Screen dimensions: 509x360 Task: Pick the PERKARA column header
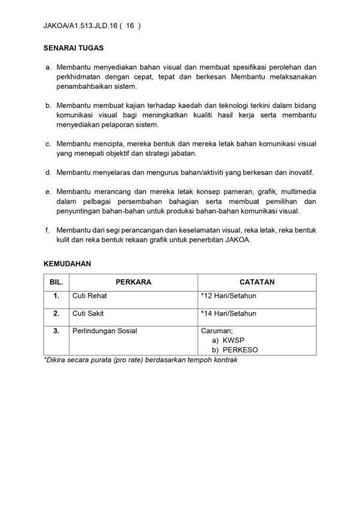(133, 280)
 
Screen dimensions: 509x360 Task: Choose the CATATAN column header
(256, 280)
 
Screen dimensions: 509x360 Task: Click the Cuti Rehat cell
(91, 297)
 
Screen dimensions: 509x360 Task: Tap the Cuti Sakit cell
(89, 313)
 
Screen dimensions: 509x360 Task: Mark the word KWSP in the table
(230, 340)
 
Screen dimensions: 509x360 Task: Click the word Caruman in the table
(217, 330)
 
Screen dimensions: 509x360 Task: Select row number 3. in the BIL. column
(56, 330)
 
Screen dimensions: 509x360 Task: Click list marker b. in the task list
(48, 106)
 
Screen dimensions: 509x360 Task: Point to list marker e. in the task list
(48, 192)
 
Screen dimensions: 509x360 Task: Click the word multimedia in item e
(296, 192)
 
